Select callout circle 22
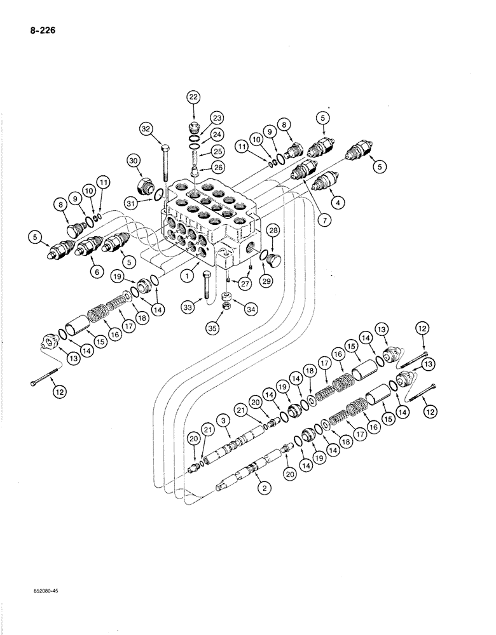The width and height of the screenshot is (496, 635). point(193,97)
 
